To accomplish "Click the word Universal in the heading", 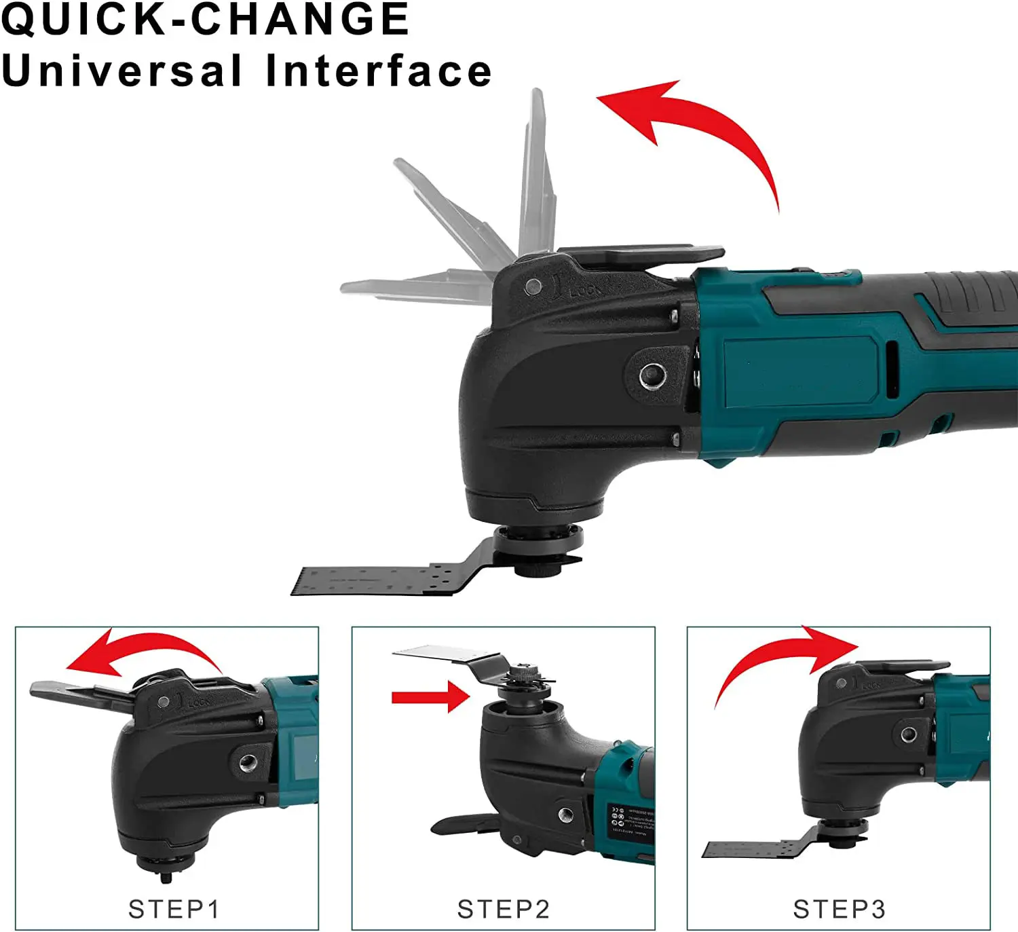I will click(x=122, y=71).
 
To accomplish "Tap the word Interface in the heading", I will click(x=379, y=71).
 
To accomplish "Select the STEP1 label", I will click(x=174, y=909).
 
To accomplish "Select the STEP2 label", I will click(x=503, y=909).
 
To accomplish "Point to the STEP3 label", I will click(x=839, y=909).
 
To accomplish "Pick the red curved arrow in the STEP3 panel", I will click(x=780, y=658).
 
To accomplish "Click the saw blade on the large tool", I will click(x=380, y=580).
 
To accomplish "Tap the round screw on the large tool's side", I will click(x=653, y=374).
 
